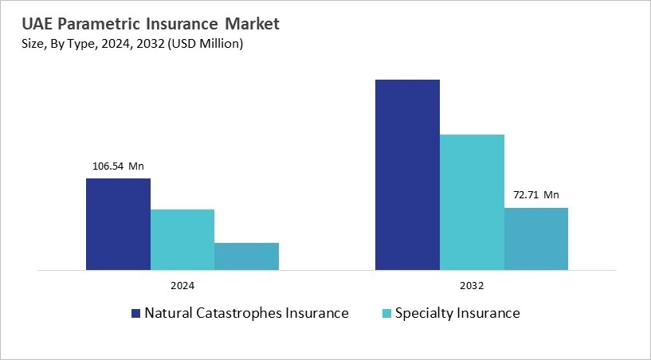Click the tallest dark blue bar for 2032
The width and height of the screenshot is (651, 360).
click(x=407, y=174)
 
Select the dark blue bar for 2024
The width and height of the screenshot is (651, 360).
click(x=118, y=224)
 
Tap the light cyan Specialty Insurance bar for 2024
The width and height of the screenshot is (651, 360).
click(x=182, y=239)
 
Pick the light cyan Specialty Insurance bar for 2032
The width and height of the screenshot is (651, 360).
click(x=472, y=202)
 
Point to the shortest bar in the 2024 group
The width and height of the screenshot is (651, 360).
click(x=246, y=256)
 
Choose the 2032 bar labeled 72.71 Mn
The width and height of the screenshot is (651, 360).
click(x=536, y=238)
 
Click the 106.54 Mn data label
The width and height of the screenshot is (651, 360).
click(x=118, y=166)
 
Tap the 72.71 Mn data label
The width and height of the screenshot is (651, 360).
click(x=535, y=194)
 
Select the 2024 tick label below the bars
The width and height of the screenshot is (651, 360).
click(x=182, y=285)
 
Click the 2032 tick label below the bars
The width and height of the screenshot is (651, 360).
click(x=472, y=285)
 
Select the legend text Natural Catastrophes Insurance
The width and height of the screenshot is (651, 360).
click(x=246, y=313)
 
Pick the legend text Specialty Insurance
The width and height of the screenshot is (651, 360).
click(x=458, y=313)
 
